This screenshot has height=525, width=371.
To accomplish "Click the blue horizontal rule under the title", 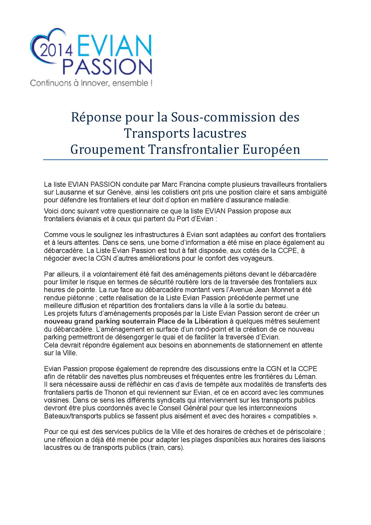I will pos(185,160).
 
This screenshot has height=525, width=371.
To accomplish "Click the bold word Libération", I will pos(209,321).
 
